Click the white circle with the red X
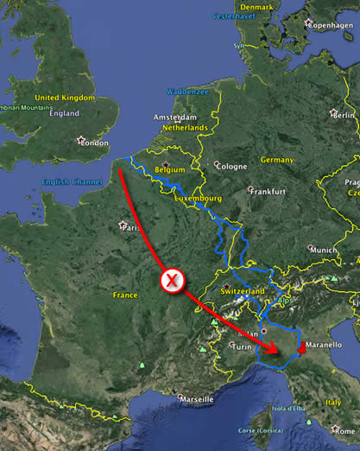(x=173, y=279)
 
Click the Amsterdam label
(x=175, y=118)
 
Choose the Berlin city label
(x=344, y=115)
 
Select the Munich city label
(x=324, y=250)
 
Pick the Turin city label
(x=244, y=346)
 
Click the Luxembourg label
(x=199, y=198)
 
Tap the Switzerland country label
(x=243, y=292)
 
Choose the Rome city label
(x=347, y=429)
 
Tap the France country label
(x=125, y=295)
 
